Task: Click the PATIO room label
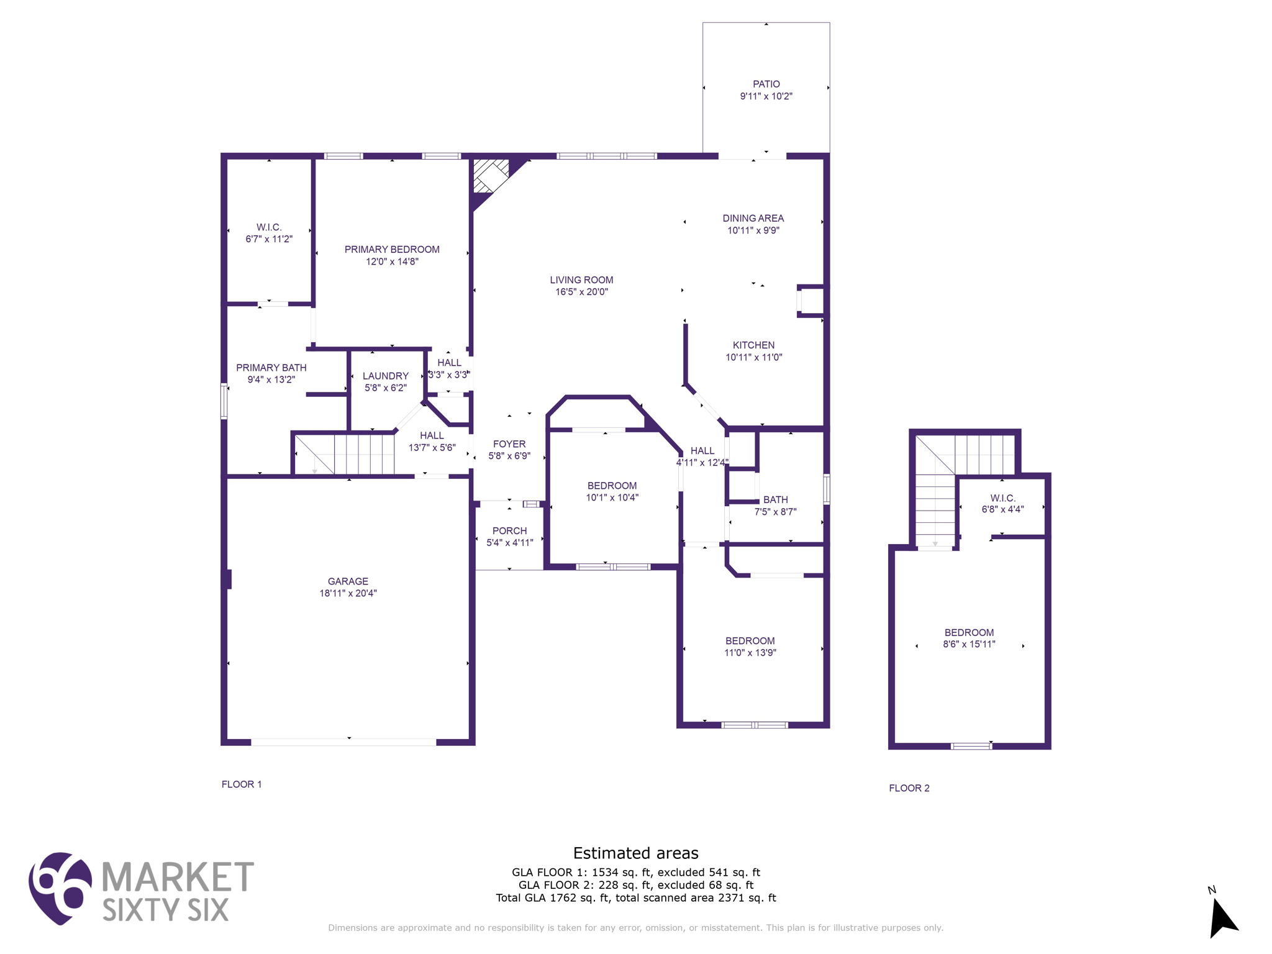tap(766, 84)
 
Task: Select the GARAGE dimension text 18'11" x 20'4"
tap(348, 593)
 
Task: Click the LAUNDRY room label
tap(385, 376)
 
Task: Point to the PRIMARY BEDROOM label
tap(392, 249)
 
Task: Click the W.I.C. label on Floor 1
tap(269, 227)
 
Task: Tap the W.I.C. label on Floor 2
tap(1002, 498)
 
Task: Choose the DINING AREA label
tap(753, 218)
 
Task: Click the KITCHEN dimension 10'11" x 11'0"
tap(753, 357)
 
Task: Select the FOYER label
tap(509, 444)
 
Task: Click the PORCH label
tap(509, 530)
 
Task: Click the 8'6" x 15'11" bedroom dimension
tap(969, 644)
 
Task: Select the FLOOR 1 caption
tap(242, 784)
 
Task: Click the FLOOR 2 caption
tap(909, 788)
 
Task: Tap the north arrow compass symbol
tap(1222, 917)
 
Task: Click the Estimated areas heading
tap(635, 853)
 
